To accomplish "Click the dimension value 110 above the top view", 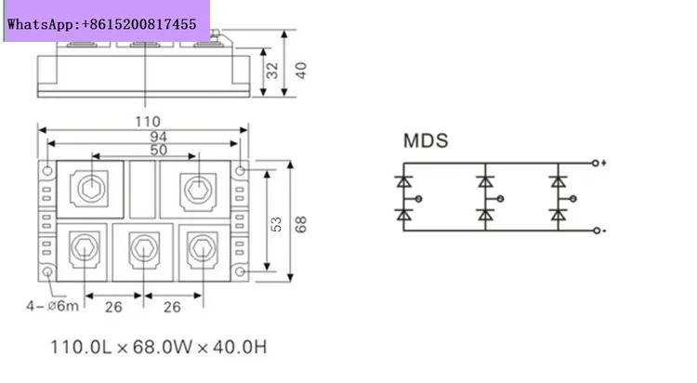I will click(147, 121).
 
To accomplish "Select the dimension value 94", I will click(145, 136).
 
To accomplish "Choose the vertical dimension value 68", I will click(299, 223).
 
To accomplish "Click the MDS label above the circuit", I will click(426, 141).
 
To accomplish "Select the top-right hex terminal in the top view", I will click(197, 189).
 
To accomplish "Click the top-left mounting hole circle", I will click(46, 170).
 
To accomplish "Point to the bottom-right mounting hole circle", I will click(242, 272).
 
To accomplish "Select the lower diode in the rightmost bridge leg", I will click(558, 215).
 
